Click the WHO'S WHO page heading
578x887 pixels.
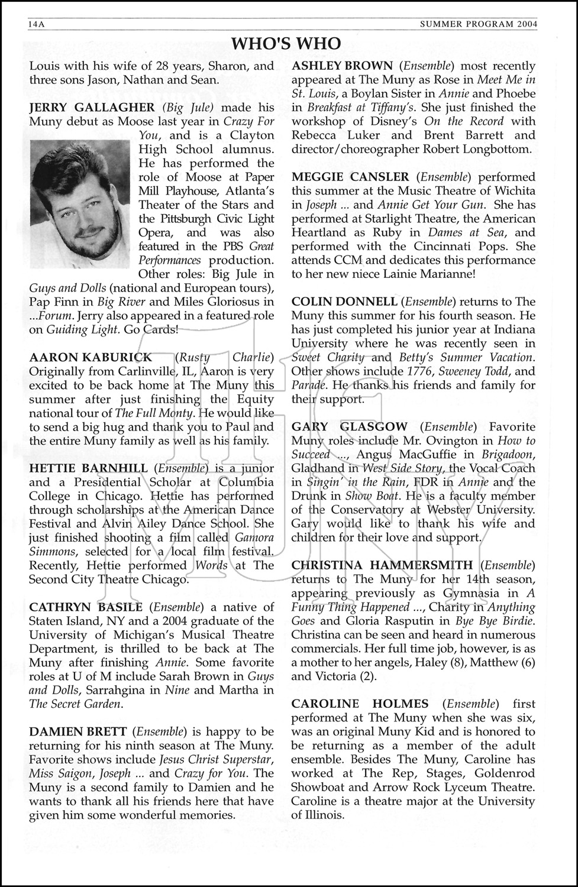[286, 44]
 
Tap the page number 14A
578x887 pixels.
[37, 24]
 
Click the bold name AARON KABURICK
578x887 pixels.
[91, 357]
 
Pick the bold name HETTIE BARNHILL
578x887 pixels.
[89, 468]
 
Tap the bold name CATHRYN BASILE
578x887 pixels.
[86, 607]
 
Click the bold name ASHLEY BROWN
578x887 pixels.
[342, 66]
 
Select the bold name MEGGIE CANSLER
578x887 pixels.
[350, 177]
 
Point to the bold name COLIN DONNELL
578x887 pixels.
[344, 302]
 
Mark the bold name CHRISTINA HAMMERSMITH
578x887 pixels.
[382, 565]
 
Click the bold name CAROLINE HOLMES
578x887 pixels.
[360, 704]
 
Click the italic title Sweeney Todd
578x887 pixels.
[482, 371]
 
